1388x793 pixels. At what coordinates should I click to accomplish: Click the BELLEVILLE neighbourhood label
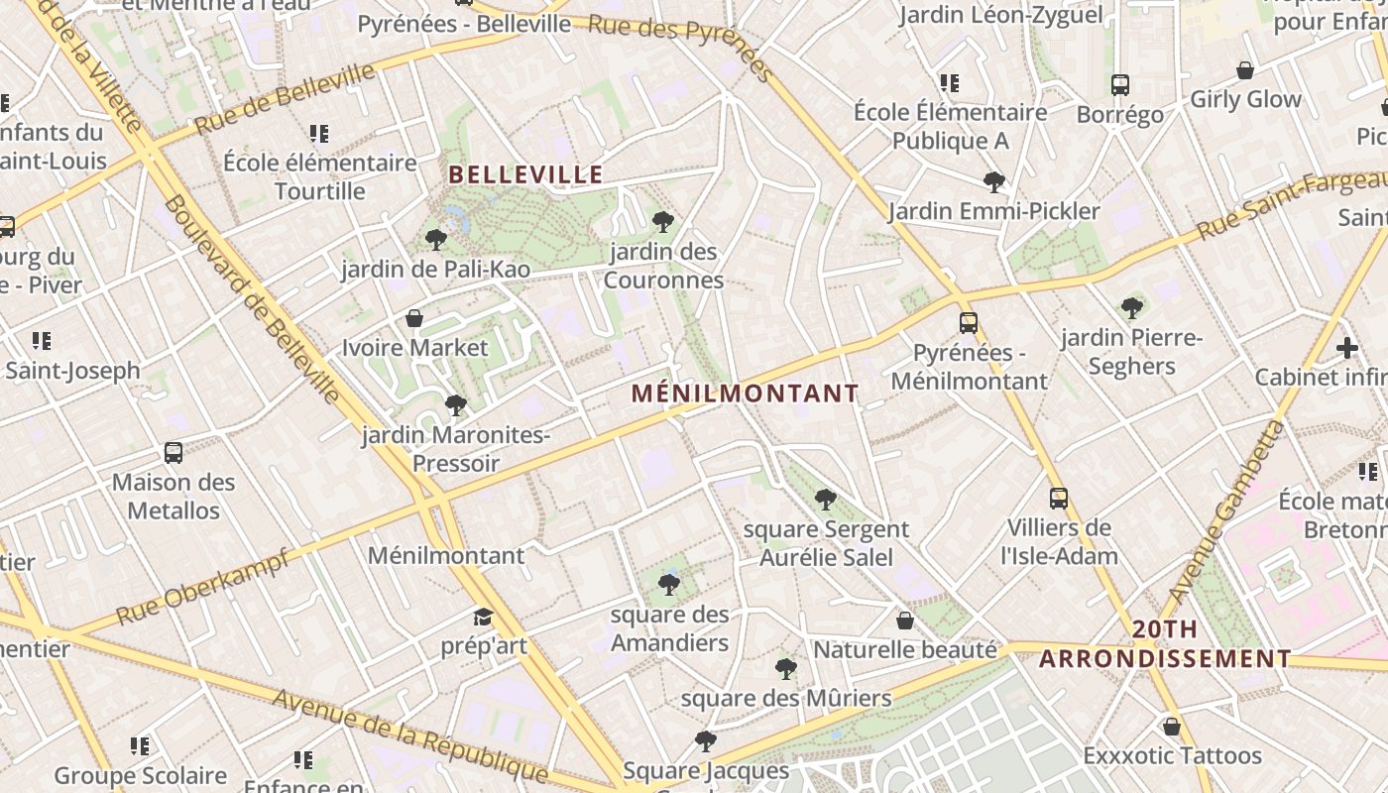point(525,175)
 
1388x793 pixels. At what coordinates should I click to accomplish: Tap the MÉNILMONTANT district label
point(745,394)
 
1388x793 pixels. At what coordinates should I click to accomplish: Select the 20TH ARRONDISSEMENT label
point(1165,644)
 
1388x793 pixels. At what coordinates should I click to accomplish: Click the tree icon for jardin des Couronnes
point(663,221)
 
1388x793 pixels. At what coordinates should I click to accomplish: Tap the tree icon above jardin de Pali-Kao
point(435,239)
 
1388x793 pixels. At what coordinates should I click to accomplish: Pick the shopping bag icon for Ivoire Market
point(414,318)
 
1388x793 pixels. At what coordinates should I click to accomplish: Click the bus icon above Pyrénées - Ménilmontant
point(968,323)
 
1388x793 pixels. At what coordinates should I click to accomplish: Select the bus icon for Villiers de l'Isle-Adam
point(1059,498)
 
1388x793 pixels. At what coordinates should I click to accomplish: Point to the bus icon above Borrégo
point(1120,85)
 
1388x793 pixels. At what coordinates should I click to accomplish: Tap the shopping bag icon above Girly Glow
point(1245,70)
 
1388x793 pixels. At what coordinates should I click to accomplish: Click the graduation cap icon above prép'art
point(483,618)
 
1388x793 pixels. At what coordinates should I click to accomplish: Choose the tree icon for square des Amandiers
point(669,585)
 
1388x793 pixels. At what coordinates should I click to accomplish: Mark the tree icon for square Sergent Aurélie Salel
point(825,500)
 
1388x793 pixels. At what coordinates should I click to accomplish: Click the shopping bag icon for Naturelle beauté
point(905,621)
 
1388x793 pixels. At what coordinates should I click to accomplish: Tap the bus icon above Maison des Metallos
point(173,453)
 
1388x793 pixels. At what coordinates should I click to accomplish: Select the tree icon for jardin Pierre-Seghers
point(1131,308)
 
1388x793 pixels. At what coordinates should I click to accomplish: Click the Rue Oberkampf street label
point(203,586)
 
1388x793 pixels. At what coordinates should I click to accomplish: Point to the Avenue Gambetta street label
point(1225,512)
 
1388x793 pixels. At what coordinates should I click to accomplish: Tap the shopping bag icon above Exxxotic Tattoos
point(1172,727)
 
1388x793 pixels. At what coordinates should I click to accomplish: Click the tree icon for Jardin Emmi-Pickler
point(994,181)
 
